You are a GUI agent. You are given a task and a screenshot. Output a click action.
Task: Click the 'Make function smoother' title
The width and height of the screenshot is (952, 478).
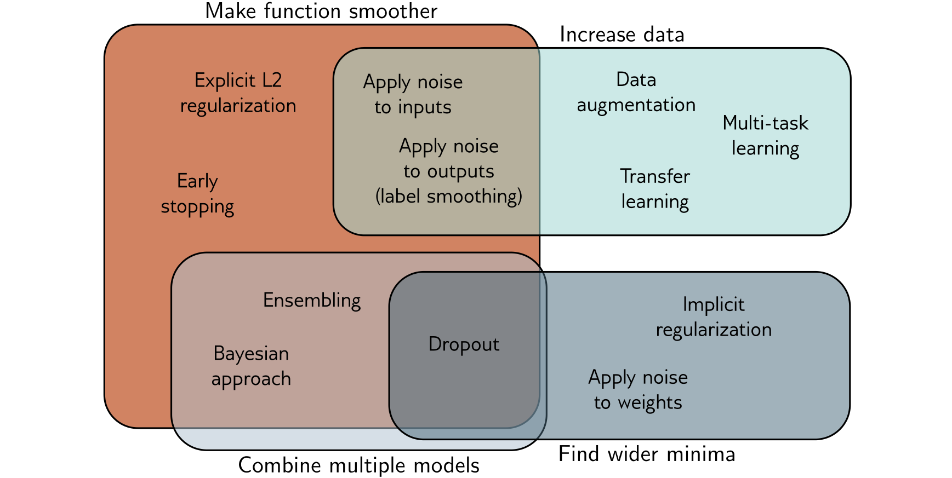point(321,11)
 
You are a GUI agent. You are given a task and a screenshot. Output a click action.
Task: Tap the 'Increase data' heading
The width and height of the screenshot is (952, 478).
point(622,35)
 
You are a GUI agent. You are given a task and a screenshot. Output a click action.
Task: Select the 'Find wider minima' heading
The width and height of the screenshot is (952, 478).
point(647,454)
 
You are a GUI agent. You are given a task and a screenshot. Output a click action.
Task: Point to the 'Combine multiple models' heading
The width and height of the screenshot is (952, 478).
point(359,466)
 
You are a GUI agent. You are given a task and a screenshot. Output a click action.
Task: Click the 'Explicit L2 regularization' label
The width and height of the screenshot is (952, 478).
point(238,93)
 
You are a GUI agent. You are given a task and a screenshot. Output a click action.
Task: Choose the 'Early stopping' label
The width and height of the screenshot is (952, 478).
point(197,194)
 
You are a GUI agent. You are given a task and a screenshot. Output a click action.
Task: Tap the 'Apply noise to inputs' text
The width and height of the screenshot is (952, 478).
point(413,95)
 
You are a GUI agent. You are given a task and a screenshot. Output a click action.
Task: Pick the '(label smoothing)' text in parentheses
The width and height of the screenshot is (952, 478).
point(449,197)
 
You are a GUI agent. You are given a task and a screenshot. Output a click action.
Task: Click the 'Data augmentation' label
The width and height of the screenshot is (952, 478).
point(636,93)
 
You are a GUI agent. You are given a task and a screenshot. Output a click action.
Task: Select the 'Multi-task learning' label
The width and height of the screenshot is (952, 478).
point(765,136)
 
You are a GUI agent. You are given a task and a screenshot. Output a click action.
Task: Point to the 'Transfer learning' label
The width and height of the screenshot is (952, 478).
point(655,189)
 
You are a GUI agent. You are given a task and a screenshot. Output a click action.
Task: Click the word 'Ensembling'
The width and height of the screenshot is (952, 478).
point(312,301)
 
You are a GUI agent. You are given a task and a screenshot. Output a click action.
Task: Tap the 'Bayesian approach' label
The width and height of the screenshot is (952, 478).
point(251,366)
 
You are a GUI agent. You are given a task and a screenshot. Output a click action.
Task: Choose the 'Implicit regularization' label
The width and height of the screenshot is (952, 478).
point(714,317)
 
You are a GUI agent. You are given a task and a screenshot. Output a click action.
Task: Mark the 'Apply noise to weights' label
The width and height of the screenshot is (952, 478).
point(638,390)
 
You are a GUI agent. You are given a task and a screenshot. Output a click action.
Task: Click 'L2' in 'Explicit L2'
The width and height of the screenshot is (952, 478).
point(272,80)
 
